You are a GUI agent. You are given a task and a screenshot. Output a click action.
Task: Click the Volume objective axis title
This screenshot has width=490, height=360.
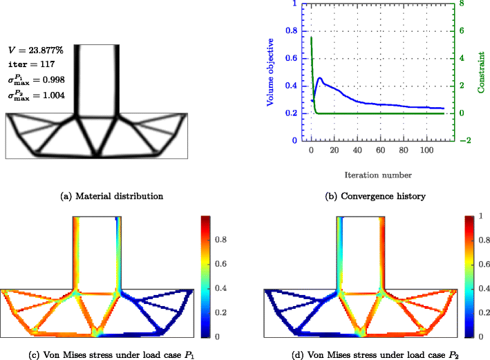point(272,72)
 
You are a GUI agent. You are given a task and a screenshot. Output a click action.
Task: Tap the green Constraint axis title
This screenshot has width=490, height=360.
point(480,72)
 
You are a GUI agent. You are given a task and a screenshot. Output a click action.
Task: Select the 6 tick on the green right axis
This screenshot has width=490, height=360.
point(459,31)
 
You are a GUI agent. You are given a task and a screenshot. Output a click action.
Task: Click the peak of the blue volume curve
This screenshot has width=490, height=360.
point(319,78)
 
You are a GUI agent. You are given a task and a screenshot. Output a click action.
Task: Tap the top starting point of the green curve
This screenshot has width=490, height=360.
point(311,37)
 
